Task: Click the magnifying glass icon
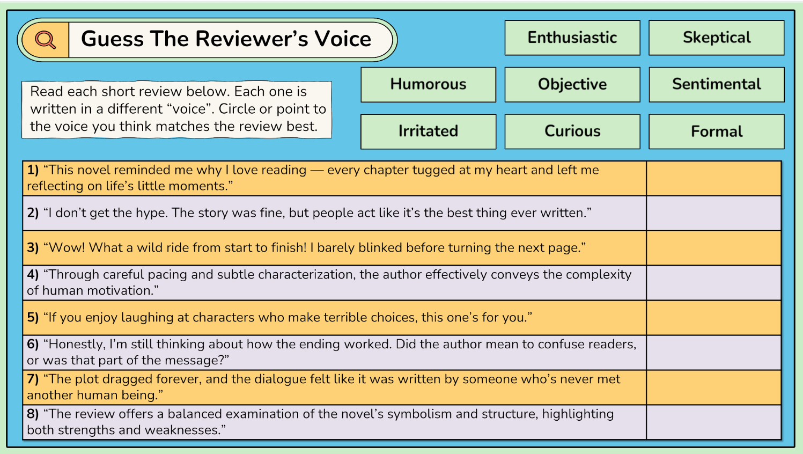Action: [x=45, y=40]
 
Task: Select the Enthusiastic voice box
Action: [x=572, y=38]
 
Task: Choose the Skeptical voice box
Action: [x=716, y=38]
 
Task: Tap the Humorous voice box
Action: [x=428, y=84]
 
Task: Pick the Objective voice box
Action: [x=572, y=84]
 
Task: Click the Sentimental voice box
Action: [x=716, y=84]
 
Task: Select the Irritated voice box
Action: [x=428, y=131]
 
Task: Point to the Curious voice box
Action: [x=572, y=131]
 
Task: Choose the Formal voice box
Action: [x=716, y=131]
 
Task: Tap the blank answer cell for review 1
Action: [x=713, y=178]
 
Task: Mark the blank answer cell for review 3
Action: [x=713, y=248]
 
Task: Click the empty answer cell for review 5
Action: [x=713, y=318]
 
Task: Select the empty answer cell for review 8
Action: [x=713, y=422]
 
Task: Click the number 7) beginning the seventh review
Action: [x=33, y=379]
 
